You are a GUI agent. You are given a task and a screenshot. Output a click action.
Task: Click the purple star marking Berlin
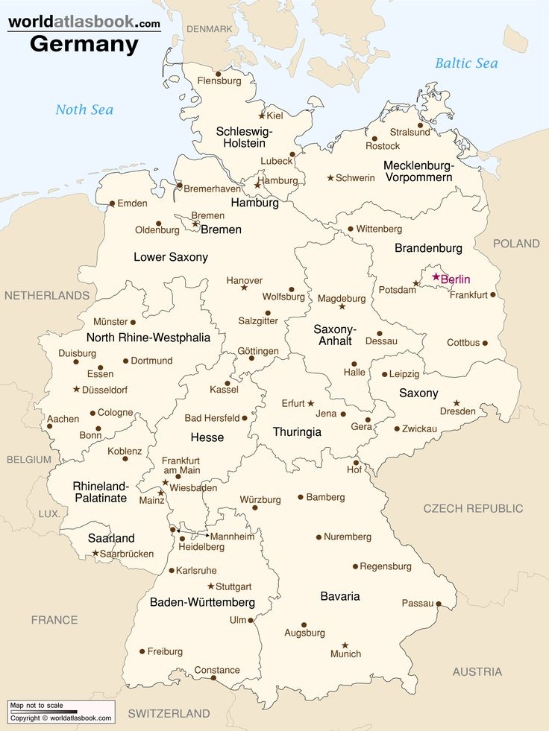click(x=436, y=277)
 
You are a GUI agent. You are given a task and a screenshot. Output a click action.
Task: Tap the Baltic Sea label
click(x=467, y=63)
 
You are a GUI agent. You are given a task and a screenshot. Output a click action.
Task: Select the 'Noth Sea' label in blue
click(x=84, y=110)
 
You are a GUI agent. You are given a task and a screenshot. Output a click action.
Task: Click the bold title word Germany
click(x=84, y=44)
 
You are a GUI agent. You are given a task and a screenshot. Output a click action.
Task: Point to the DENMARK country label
click(x=209, y=28)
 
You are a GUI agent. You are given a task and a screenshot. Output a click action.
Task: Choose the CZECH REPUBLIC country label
click(x=473, y=508)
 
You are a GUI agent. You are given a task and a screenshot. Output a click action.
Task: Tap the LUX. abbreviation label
click(x=49, y=513)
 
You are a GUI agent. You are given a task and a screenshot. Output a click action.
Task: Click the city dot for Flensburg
click(x=218, y=74)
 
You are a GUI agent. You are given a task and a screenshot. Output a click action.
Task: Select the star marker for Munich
click(x=345, y=645)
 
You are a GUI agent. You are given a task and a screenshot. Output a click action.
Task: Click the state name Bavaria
click(x=340, y=596)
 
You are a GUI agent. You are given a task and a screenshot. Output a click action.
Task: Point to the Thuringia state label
click(x=297, y=432)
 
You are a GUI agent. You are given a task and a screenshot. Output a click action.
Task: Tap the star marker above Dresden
click(x=457, y=403)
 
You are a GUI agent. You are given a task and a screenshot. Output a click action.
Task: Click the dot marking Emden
click(x=112, y=203)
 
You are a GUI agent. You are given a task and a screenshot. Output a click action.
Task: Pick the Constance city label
click(x=217, y=670)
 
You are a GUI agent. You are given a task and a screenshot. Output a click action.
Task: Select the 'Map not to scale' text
click(x=37, y=706)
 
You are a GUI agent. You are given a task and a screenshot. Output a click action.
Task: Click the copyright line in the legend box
click(x=61, y=718)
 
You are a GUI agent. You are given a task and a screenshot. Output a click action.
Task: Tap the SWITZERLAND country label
click(x=169, y=713)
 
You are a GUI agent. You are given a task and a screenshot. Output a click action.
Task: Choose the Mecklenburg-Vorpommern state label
click(x=418, y=171)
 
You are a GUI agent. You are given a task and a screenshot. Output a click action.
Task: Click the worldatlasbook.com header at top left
click(x=84, y=22)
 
